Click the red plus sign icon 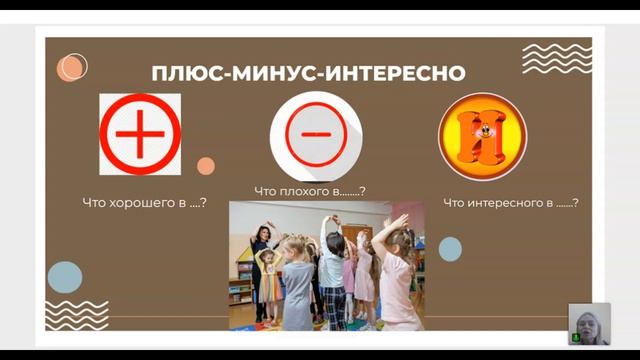click(x=140, y=134)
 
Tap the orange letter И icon click(x=482, y=136)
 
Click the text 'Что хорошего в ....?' click(x=144, y=203)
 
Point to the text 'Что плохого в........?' click(x=310, y=191)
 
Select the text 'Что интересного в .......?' click(x=510, y=203)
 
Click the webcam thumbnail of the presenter click(x=589, y=323)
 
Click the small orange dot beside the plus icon click(x=206, y=166)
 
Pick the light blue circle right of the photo click(x=450, y=249)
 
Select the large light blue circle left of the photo click(x=65, y=276)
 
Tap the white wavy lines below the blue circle click(x=76, y=314)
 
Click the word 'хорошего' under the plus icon click(x=149, y=203)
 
